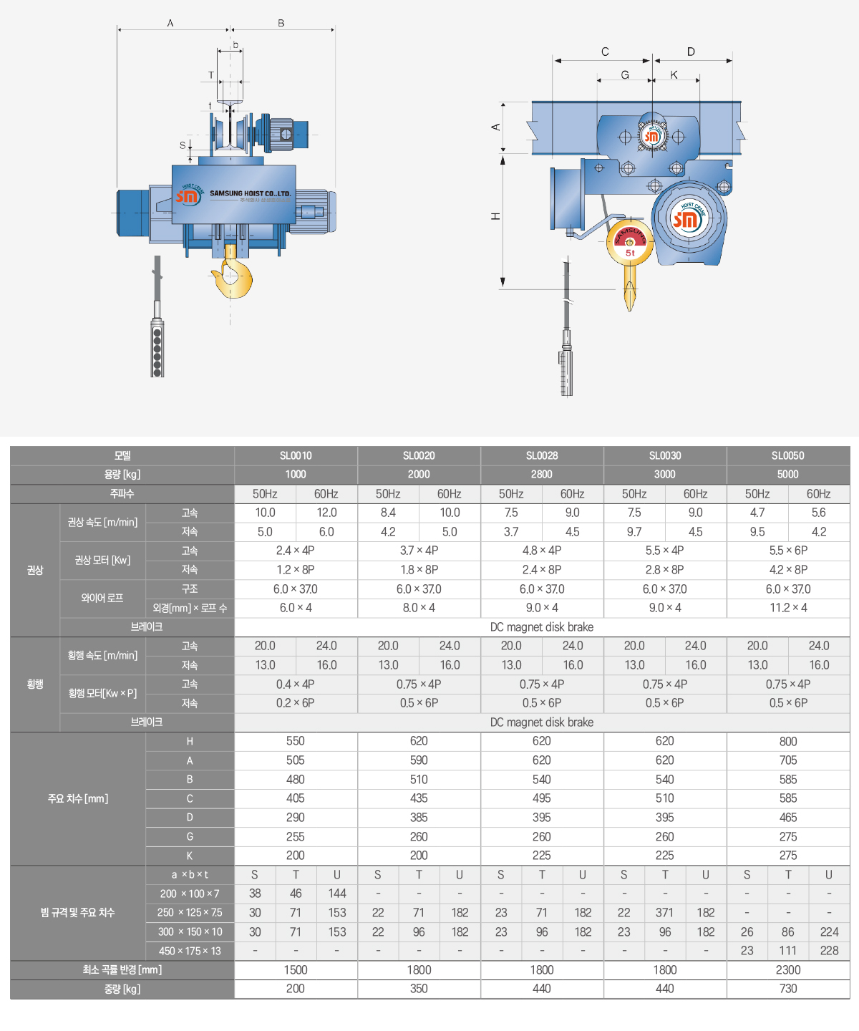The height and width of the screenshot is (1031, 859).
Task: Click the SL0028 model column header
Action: pyautogui.click(x=542, y=455)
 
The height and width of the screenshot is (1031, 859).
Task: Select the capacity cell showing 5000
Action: pyautogui.click(x=787, y=474)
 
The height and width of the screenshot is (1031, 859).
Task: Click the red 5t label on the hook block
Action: pyautogui.click(x=631, y=253)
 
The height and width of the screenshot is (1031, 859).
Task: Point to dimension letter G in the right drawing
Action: pyautogui.click(x=624, y=75)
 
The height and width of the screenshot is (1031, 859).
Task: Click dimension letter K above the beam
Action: pyautogui.click(x=674, y=74)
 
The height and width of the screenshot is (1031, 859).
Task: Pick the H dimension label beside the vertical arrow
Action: pyautogui.click(x=495, y=216)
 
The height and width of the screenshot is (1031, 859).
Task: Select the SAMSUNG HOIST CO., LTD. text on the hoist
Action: pyautogui.click(x=251, y=193)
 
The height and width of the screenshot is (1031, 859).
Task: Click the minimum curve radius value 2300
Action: pyautogui.click(x=788, y=969)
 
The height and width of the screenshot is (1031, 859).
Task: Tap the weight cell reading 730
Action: pyautogui.click(x=788, y=989)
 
